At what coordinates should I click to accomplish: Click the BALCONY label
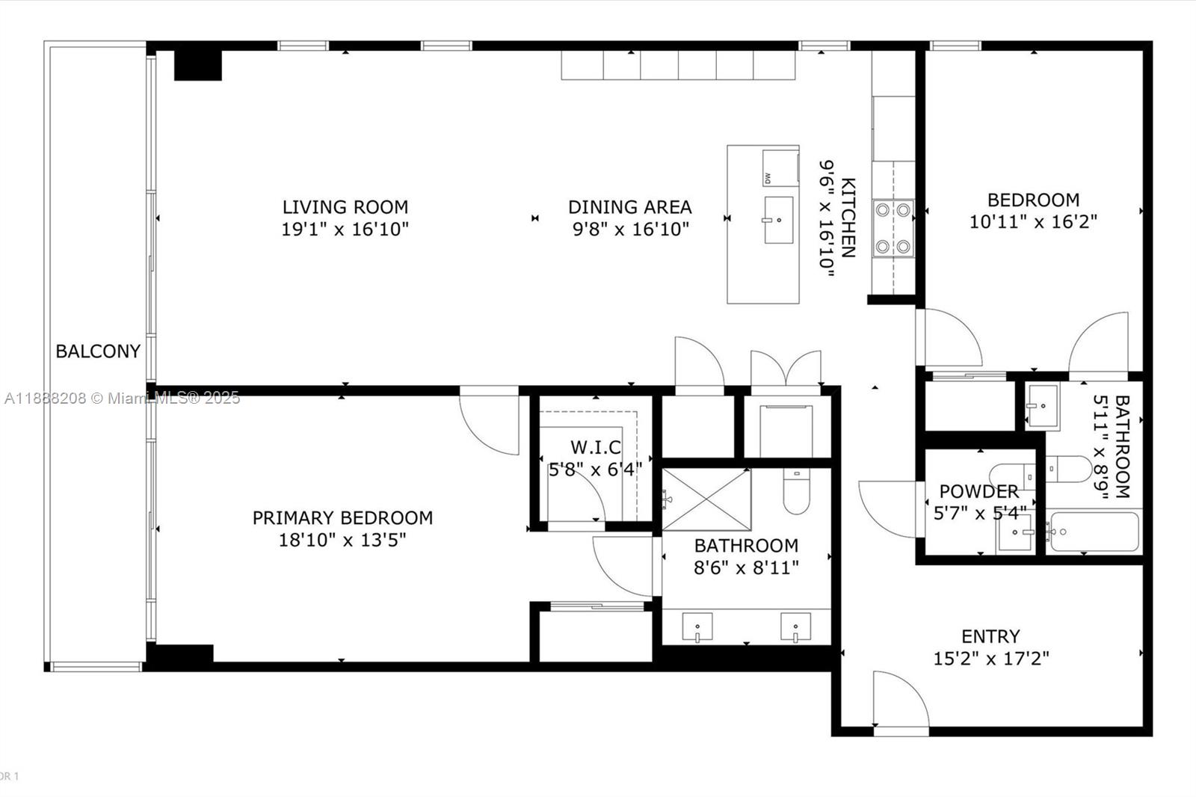coord(98,351)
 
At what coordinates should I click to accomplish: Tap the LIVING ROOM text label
coord(345,207)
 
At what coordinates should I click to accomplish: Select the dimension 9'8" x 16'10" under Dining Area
coord(630,229)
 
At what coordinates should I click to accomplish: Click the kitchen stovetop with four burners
coord(894,228)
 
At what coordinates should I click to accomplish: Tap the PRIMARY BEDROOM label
coord(342,517)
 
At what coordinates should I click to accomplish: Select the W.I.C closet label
coord(595,447)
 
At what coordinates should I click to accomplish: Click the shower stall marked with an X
coord(706,499)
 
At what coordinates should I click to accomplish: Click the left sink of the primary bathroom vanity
coord(697,627)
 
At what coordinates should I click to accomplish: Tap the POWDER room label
coord(978,491)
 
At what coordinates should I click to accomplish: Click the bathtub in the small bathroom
coord(1094,532)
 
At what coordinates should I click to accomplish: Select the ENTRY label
coord(990,636)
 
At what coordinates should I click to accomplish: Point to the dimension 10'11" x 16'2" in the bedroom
coord(1033,222)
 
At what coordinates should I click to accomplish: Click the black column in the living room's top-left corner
coord(198,65)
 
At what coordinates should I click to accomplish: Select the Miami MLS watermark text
coord(122,398)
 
